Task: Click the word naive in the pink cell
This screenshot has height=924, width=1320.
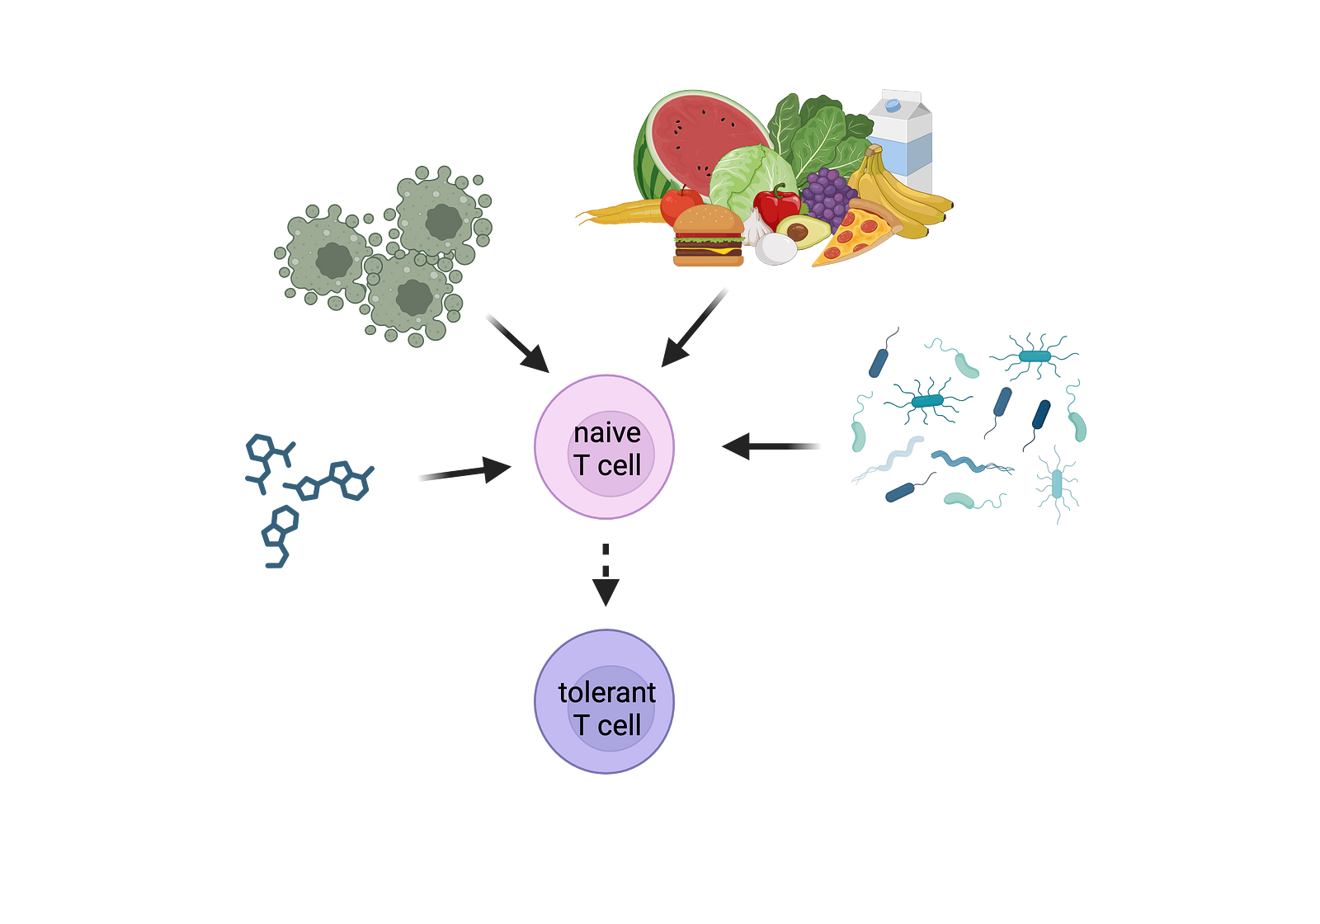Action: (x=607, y=433)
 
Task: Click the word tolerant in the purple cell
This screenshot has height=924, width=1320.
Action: (x=606, y=692)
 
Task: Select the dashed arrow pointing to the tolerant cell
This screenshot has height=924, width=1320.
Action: (x=606, y=577)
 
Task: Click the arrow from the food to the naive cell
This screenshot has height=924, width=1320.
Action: (x=695, y=328)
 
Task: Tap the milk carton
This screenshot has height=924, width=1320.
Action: (x=902, y=136)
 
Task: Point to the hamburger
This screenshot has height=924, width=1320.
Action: (x=708, y=238)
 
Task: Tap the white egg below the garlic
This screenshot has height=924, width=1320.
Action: (x=775, y=249)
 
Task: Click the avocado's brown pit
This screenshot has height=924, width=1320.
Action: (x=798, y=232)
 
